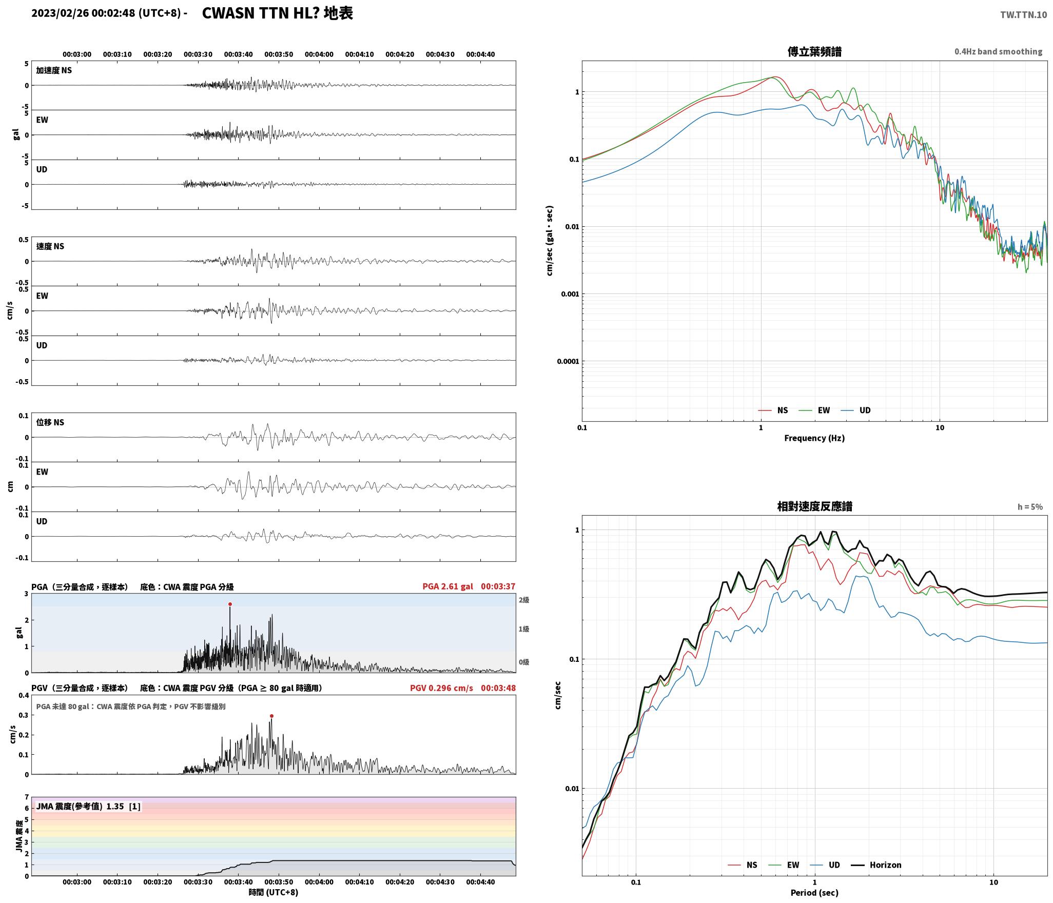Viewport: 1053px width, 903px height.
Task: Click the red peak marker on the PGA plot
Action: tap(230, 604)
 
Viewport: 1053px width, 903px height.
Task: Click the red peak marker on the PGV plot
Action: tap(271, 716)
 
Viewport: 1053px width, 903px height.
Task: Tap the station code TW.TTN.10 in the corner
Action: tap(1023, 14)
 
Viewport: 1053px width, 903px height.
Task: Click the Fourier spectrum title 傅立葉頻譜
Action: tap(814, 51)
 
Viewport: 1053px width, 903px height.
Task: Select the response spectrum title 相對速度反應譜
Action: tap(814, 506)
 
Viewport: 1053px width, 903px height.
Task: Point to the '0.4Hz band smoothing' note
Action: tap(998, 51)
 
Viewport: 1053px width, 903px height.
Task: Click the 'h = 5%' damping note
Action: tap(1030, 507)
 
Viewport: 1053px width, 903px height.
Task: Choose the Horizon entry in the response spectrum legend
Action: tap(876, 865)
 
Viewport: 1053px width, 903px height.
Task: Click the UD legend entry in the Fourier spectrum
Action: tap(855, 410)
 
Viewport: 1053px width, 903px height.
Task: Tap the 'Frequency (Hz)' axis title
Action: tap(814, 438)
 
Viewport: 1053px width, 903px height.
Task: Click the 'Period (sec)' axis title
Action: tap(814, 893)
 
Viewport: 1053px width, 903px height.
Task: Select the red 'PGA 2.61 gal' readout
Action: tap(447, 586)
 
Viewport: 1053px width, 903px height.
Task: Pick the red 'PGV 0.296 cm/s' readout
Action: tap(441, 688)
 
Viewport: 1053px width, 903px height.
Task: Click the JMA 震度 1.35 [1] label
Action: tap(88, 806)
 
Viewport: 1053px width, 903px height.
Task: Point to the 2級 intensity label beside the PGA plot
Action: tap(523, 600)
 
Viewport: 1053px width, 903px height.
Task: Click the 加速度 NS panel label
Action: tap(54, 70)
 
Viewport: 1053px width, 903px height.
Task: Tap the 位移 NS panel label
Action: tap(50, 422)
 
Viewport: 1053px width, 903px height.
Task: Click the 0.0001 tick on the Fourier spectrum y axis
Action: tap(568, 361)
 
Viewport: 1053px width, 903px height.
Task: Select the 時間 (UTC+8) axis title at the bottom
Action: tap(274, 892)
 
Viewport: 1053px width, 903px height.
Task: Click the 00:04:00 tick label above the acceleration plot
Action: tap(319, 54)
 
